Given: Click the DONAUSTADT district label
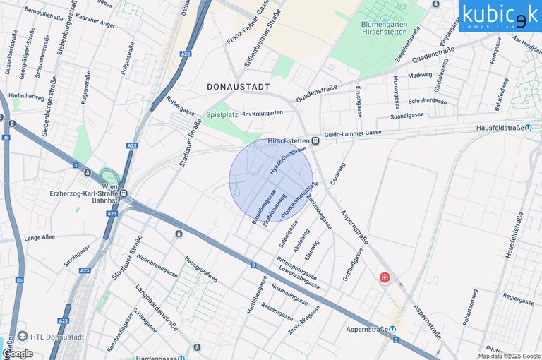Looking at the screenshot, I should point(239,86).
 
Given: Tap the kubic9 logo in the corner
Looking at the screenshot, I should point(500,16).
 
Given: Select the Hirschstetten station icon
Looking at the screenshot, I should point(315,141).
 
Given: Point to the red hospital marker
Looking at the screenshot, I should point(385,278).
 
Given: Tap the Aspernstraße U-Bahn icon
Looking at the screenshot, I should point(392,330).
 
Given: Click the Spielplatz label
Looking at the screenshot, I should point(222,114).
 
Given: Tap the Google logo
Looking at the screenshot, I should point(17,353).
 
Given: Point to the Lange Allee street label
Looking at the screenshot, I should point(39,238).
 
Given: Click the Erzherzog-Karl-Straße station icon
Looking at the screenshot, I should point(123,193).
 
